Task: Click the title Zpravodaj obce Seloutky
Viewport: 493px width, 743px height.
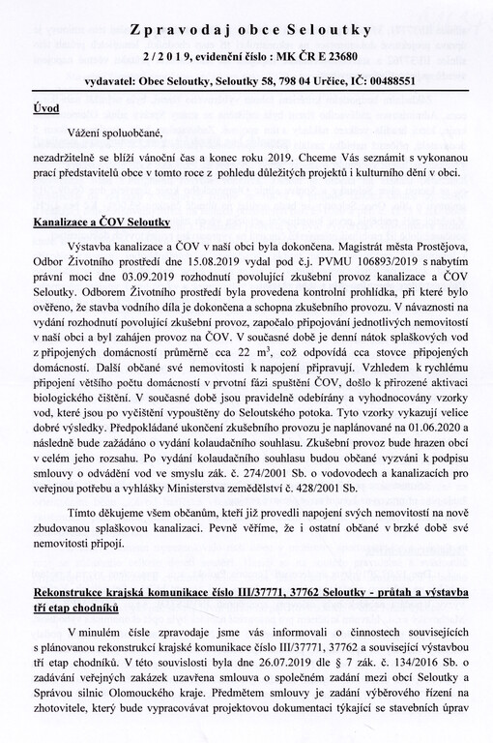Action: coord(246,16)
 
